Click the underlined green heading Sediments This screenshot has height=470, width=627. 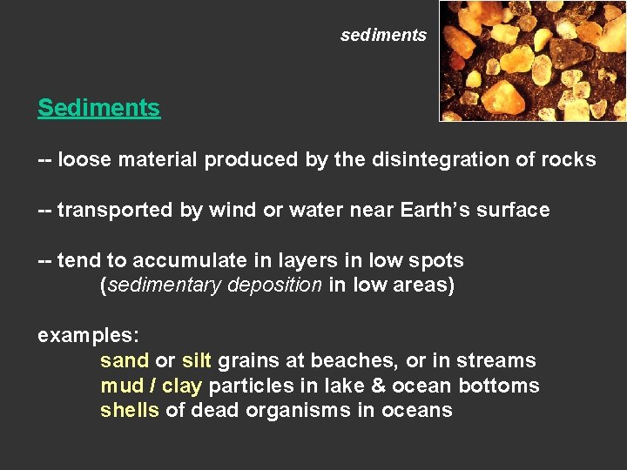(x=98, y=108)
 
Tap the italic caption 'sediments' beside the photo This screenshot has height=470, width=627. (x=383, y=36)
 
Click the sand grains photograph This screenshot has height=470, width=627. (x=533, y=60)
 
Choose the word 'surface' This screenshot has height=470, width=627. (x=514, y=210)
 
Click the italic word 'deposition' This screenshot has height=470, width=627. (x=274, y=285)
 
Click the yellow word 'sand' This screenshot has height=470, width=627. (x=125, y=360)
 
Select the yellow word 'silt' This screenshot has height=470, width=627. (x=197, y=360)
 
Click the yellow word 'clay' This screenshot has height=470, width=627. (x=182, y=386)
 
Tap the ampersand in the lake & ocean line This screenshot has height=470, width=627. (x=379, y=386)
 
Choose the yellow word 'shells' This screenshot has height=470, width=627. (x=130, y=410)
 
